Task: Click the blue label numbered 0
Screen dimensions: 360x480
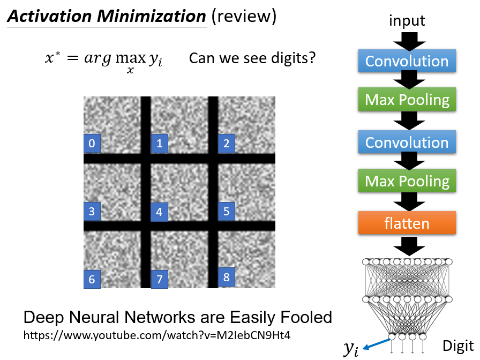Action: coord(92,144)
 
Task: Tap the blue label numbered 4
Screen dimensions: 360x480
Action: coord(159,212)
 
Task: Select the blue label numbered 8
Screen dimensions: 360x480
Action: coord(227,277)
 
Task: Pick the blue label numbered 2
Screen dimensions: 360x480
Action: coord(227,143)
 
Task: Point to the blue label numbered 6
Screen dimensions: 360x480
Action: coord(92,279)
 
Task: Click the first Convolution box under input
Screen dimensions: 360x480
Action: coord(407,61)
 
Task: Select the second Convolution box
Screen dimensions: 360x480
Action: coord(407,142)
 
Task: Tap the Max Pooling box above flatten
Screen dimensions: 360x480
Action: coord(407,181)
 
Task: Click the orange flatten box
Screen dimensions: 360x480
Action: coord(407,223)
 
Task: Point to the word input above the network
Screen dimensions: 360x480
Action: coord(407,21)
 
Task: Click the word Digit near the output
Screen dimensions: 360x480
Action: coord(458,344)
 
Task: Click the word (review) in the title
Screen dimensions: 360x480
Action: coord(244,17)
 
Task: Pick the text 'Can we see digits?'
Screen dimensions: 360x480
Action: coord(252,58)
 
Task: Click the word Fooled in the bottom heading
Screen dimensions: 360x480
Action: coord(303,317)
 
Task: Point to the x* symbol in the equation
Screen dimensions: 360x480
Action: coord(52,58)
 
